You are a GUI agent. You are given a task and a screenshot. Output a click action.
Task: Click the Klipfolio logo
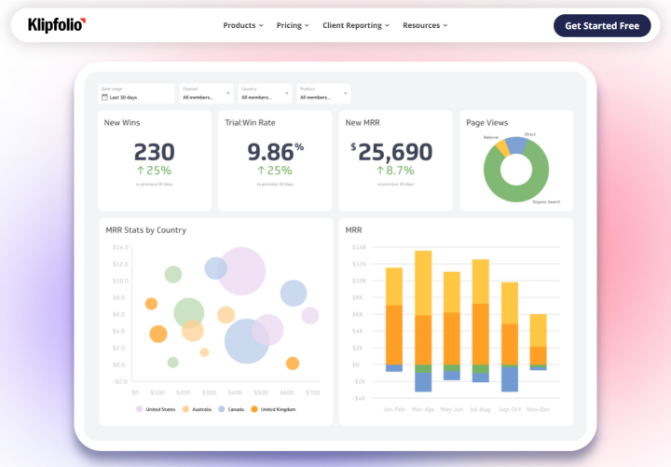(57, 25)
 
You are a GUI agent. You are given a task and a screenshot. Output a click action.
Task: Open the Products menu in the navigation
(242, 25)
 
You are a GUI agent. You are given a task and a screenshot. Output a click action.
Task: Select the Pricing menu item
(293, 25)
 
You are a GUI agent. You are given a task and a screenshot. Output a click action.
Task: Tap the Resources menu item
(425, 25)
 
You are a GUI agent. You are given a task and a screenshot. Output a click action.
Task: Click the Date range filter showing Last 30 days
(137, 94)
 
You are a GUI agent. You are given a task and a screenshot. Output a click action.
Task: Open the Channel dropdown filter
(206, 94)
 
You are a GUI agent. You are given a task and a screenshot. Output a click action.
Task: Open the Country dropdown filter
(264, 94)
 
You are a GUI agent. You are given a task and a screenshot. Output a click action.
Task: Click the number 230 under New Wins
(154, 152)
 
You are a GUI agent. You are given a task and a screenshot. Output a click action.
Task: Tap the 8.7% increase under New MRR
(395, 171)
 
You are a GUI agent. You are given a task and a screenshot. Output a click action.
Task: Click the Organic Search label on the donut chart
(546, 201)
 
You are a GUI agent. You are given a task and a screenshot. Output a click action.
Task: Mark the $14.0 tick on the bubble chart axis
(119, 247)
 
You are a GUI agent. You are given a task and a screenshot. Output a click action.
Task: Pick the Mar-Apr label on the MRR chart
(423, 408)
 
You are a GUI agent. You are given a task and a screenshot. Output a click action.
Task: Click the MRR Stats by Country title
(146, 230)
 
